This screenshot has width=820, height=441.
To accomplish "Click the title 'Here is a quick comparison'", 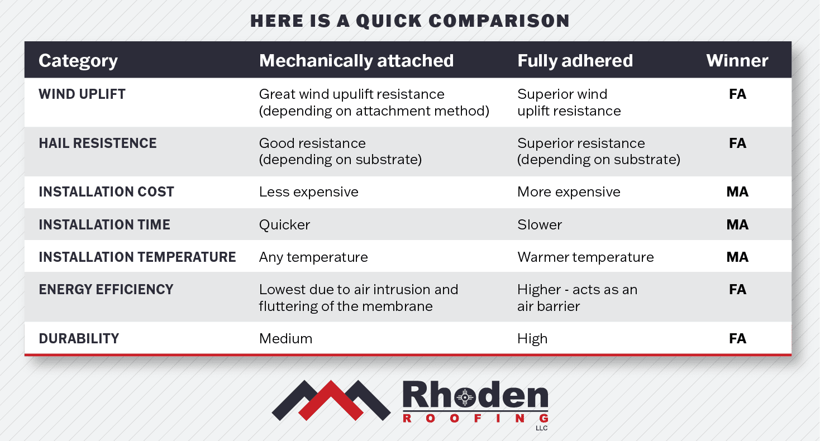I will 409,21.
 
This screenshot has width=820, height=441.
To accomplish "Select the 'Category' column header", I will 78,60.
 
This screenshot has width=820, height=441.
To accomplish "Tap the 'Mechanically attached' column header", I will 356,60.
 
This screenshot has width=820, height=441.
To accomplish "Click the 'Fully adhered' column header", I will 575,60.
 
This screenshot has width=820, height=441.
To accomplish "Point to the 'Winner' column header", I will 737,60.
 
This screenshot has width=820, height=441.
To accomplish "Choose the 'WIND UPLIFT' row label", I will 82,94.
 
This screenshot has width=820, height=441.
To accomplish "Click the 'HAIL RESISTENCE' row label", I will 98,143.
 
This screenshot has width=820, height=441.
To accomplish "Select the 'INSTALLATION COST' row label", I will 106,191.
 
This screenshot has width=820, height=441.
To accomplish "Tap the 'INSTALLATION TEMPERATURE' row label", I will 137,257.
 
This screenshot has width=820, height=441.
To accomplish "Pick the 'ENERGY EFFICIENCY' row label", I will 106,289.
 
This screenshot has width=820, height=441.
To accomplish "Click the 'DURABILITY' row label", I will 79,338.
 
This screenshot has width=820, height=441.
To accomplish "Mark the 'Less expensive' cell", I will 308,192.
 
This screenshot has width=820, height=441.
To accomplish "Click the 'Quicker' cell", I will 284,224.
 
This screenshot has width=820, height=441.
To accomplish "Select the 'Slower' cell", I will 540,224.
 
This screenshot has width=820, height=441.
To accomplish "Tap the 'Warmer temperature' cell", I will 585,257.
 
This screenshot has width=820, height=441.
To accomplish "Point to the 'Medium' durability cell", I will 285,338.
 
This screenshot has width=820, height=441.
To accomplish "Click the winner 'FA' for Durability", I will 737,338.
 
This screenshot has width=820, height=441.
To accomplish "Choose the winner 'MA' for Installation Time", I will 737,224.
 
